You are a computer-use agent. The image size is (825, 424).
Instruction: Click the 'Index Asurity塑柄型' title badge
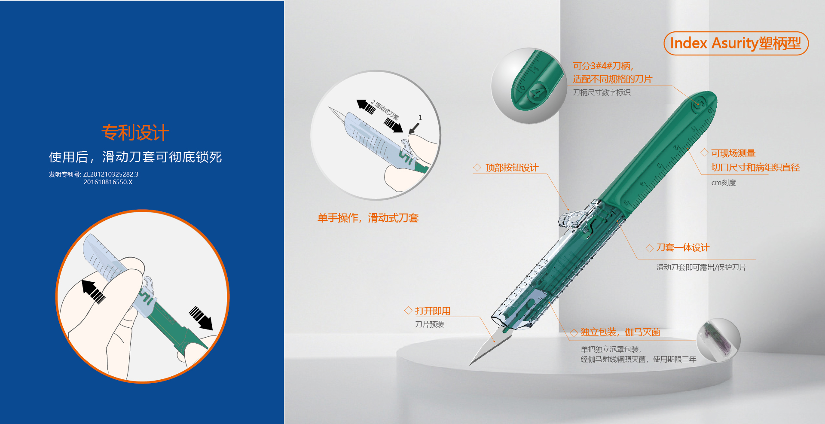pos(736,43)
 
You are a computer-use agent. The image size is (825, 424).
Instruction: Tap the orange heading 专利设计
pos(135,133)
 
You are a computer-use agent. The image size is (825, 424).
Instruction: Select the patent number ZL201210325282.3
pos(110,174)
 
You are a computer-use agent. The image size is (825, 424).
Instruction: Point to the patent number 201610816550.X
pos(108,182)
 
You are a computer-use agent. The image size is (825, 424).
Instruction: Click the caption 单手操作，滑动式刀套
pos(368,218)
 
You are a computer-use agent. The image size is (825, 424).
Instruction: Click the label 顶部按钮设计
pos(512,168)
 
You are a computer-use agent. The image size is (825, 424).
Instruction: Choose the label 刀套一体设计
pos(683,247)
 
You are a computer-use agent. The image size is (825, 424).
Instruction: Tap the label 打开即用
pos(433,311)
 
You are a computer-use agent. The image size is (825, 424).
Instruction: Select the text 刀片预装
pos(429,324)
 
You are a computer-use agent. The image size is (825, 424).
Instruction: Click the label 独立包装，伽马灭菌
pos(620,332)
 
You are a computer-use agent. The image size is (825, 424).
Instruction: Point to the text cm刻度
pos(724,183)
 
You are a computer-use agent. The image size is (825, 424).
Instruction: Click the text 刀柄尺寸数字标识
pos(602,92)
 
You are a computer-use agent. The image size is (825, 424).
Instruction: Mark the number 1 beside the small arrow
pos(420,117)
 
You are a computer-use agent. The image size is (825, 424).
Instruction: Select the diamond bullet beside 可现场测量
pos(704,153)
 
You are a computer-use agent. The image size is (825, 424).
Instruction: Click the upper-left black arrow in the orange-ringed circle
pos(93,291)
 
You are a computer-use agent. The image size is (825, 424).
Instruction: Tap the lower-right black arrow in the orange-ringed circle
pos(201,318)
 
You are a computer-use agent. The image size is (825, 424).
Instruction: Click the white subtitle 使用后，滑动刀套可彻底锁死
pos(135,157)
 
